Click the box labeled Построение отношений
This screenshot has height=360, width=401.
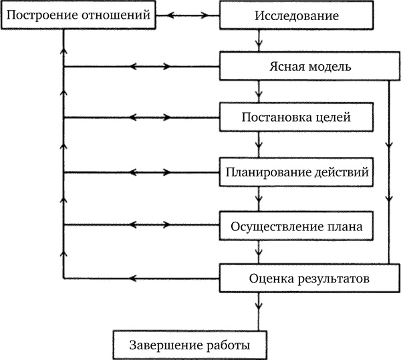pyautogui.click(x=78, y=14)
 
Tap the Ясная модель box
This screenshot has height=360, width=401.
pyautogui.click(x=304, y=67)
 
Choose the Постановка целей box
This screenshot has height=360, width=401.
pyautogui.click(x=295, y=118)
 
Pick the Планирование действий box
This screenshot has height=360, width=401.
pyautogui.click(x=296, y=172)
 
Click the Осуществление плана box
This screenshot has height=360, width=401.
pyautogui.click(x=296, y=226)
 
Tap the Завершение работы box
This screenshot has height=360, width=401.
pyautogui.click(x=190, y=345)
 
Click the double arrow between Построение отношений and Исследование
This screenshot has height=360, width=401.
pyautogui.click(x=189, y=14)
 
